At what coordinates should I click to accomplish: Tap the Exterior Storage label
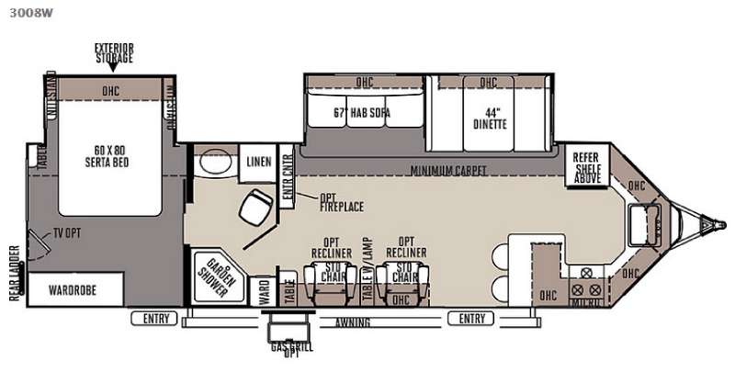pyautogui.click(x=113, y=52)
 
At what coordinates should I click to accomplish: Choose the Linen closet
pyautogui.click(x=258, y=163)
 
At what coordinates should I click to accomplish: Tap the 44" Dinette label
pyautogui.click(x=487, y=114)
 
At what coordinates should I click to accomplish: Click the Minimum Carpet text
pyautogui.click(x=448, y=170)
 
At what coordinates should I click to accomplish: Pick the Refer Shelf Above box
pyautogui.click(x=586, y=168)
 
